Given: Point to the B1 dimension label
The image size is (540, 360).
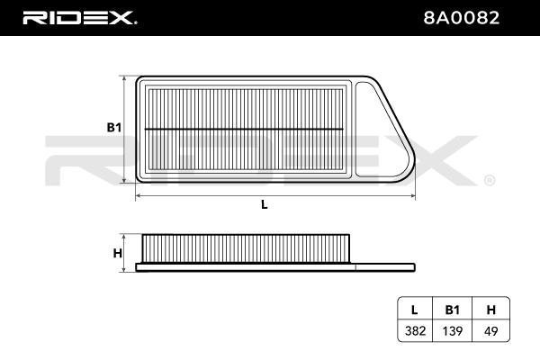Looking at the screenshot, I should (113, 129).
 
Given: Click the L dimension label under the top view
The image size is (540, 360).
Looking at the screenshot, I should (264, 204).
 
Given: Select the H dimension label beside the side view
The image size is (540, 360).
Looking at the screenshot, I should (117, 253).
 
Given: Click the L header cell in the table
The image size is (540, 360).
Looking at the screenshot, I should (415, 309).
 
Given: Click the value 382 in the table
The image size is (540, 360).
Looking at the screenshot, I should (415, 331).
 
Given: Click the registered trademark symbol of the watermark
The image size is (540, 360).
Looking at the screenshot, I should (489, 180).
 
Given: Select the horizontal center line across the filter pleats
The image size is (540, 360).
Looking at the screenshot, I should (243, 129).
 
